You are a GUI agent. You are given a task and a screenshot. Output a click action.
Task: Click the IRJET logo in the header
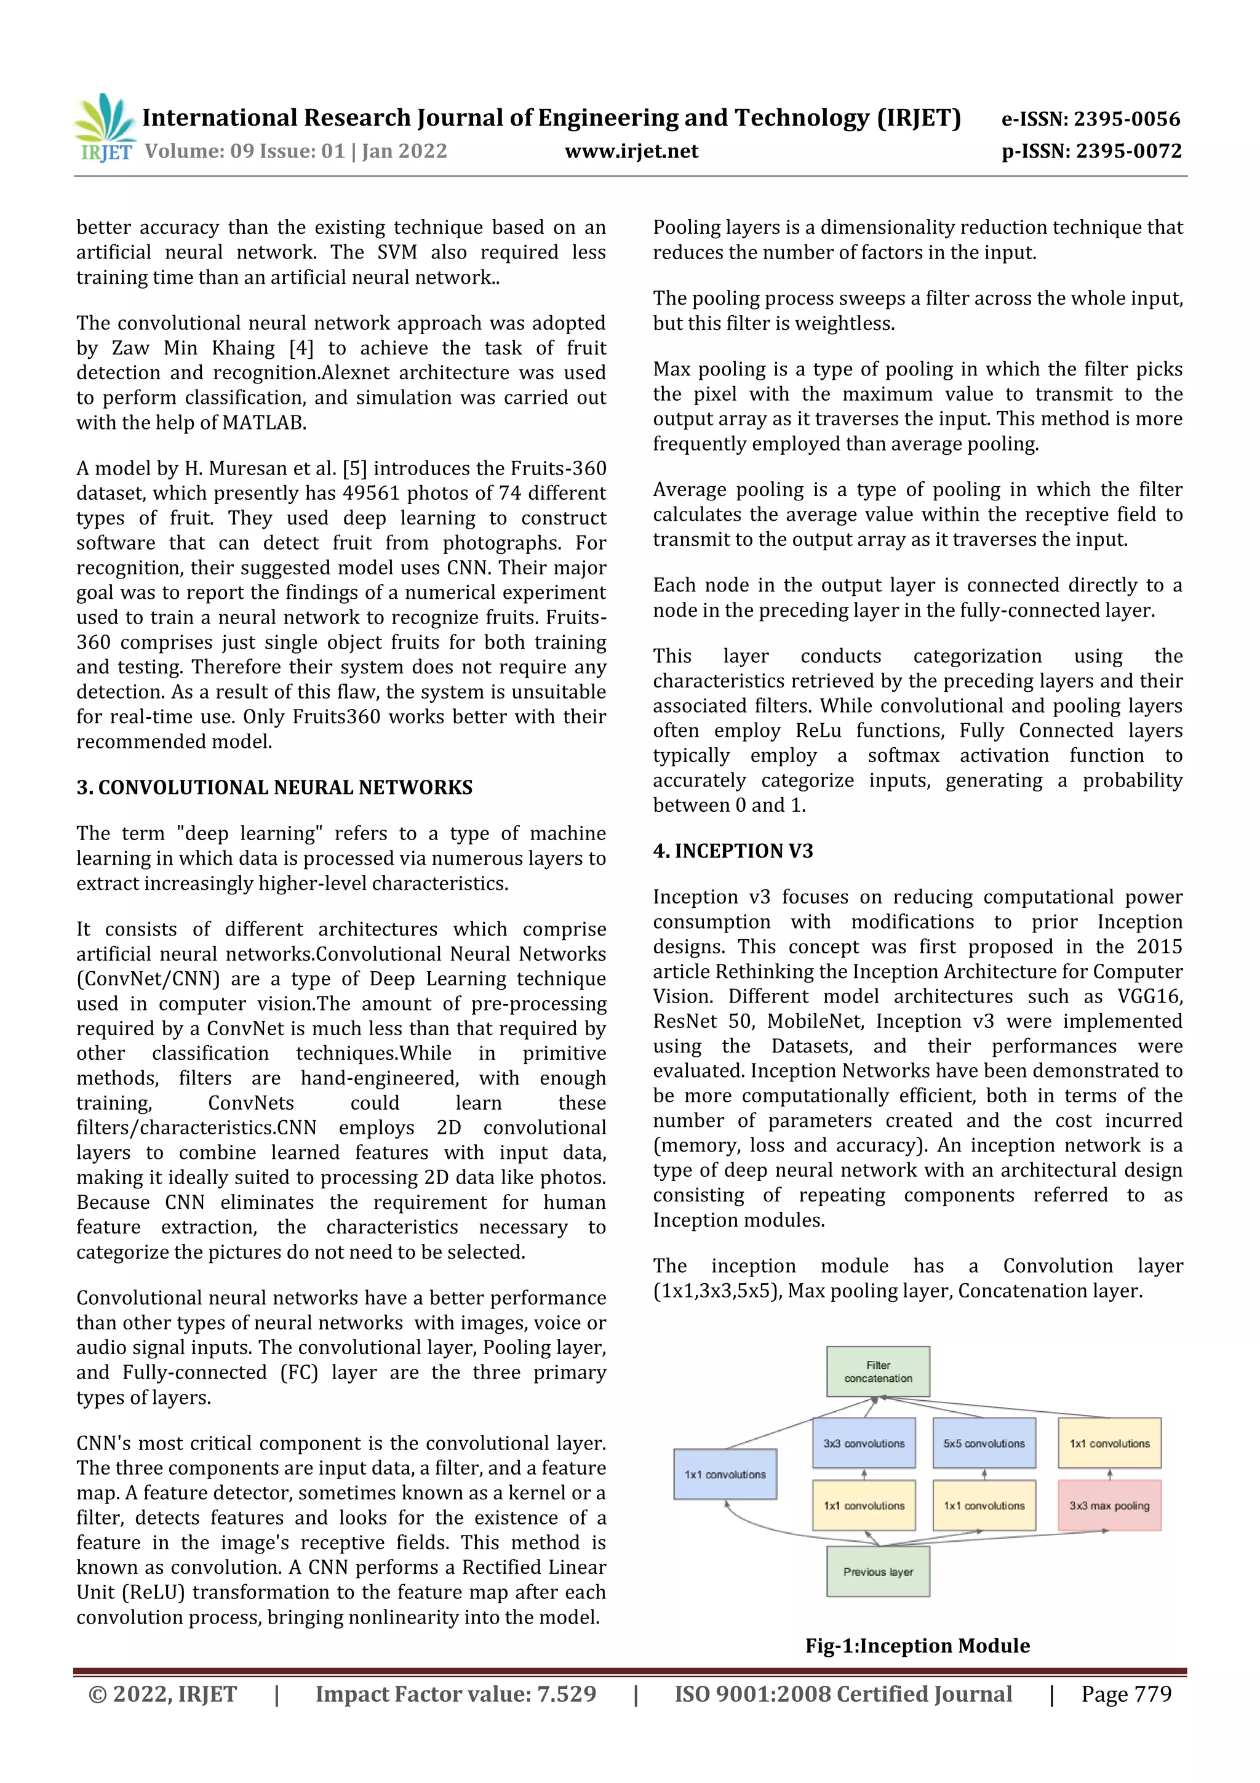[104, 128]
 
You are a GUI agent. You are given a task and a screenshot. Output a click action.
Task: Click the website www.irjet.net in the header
[631, 151]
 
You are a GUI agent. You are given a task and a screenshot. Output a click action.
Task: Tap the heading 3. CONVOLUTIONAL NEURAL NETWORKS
[274, 787]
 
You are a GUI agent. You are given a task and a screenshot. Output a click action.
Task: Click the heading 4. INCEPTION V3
[732, 851]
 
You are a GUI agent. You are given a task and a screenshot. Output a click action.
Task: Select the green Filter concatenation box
[877, 1371]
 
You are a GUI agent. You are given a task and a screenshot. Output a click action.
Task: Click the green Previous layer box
[877, 1572]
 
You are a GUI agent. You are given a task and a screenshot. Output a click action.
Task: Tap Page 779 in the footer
[1126, 1694]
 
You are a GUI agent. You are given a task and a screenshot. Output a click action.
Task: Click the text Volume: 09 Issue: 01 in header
[244, 151]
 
